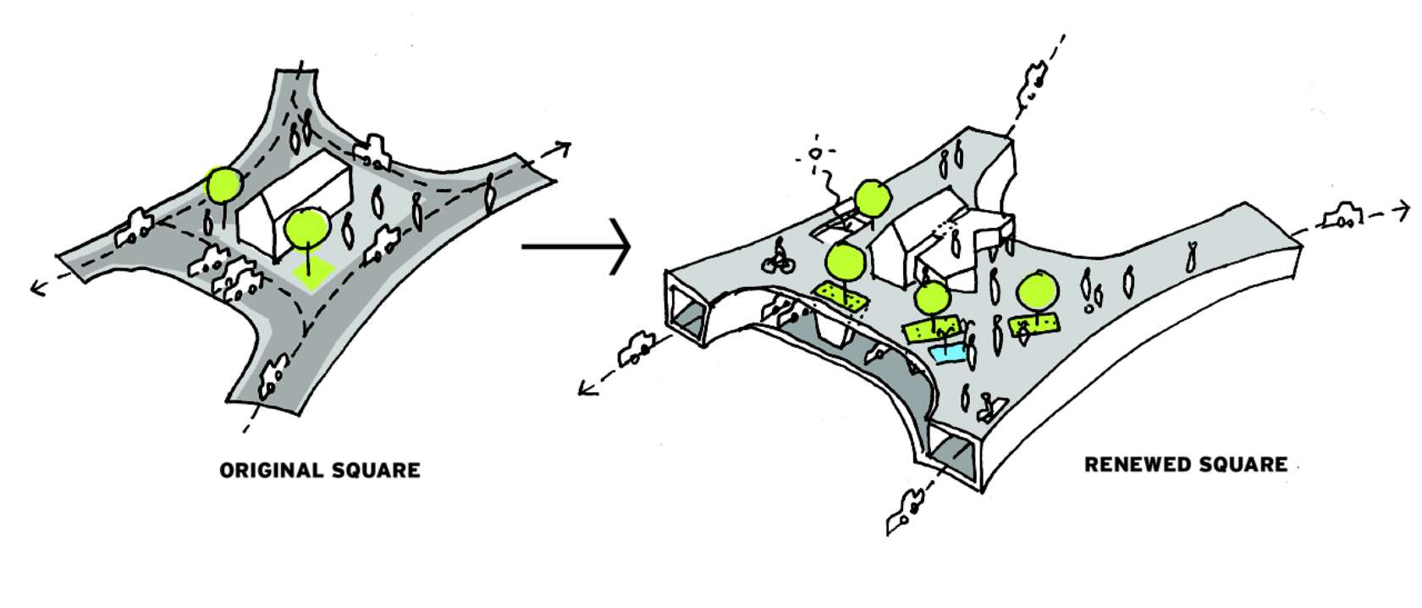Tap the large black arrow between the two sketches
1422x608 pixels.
tap(577, 246)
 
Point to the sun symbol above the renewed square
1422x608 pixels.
tap(815, 155)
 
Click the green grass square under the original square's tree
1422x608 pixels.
tap(310, 275)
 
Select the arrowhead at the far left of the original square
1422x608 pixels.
tap(37, 288)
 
